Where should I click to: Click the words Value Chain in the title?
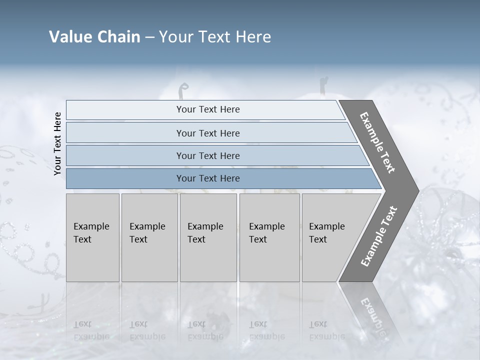coord(94,37)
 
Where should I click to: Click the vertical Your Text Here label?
coord(57,144)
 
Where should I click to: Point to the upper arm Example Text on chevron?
coord(377,142)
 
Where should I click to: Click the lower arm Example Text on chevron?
coord(379,236)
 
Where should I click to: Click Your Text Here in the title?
coord(215,37)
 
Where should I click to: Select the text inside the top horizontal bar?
coord(208,109)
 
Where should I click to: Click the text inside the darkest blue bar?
coord(208,178)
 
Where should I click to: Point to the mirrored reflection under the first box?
coord(91,330)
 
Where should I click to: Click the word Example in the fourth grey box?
coord(267,226)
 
